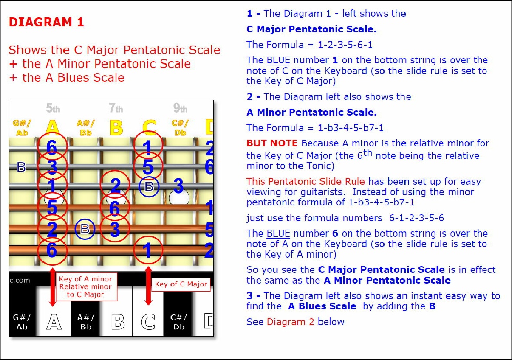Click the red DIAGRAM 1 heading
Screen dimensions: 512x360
(47, 22)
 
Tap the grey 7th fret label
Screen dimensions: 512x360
(116, 108)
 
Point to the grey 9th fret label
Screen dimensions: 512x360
(180, 108)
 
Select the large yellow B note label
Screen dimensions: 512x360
(116, 128)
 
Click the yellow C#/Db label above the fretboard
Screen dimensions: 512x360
(180, 128)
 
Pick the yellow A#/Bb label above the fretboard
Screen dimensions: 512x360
(86, 128)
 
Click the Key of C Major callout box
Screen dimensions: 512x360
(181, 284)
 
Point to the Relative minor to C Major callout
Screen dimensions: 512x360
(86, 286)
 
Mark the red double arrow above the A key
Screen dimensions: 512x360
(52, 286)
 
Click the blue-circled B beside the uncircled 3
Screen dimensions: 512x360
(149, 186)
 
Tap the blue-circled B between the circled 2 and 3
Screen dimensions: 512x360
(85, 229)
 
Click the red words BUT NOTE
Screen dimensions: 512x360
(272, 143)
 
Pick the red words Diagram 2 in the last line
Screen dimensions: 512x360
(291, 322)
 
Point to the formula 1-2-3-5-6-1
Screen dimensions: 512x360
(345, 45)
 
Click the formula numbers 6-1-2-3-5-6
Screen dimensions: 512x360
(417, 218)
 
